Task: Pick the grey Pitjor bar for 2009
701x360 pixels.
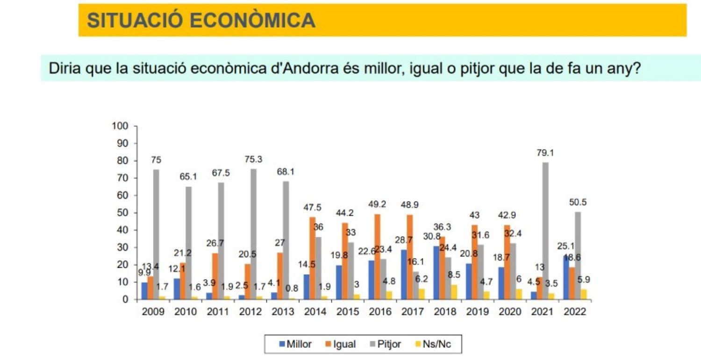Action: click(x=156, y=234)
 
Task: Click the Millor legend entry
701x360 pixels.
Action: click(x=295, y=345)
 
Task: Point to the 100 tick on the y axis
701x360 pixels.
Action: click(x=120, y=126)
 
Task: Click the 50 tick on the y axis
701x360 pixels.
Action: click(x=122, y=213)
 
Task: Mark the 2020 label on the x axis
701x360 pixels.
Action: click(x=510, y=312)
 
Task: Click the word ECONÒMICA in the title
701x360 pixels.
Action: click(x=253, y=21)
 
